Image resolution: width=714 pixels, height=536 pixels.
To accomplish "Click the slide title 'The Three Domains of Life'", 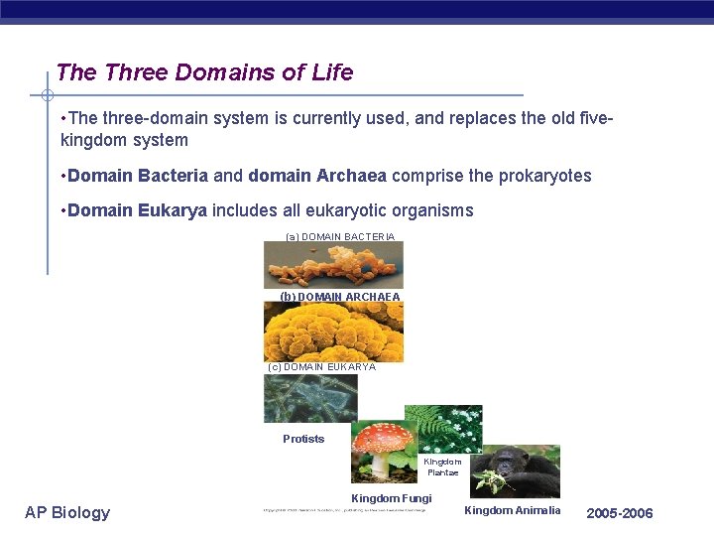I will coord(204,72).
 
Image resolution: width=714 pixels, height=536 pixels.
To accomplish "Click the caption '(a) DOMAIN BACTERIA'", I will coord(340,237).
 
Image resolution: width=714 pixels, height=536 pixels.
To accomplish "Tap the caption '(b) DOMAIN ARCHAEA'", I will coord(340,297).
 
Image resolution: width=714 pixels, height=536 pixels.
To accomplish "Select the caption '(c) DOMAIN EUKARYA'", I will coord(322,367).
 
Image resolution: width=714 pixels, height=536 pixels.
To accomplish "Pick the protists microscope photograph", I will coord(310,399).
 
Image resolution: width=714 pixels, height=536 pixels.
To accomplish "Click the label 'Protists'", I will coord(303,439).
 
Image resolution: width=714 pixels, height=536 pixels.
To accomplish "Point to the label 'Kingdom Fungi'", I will coord(392,498).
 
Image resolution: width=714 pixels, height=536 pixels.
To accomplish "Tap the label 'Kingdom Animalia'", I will coord(513,510).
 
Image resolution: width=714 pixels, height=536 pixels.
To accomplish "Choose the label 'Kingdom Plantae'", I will coord(442,467).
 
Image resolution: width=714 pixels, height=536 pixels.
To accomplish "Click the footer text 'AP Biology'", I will coord(67,512).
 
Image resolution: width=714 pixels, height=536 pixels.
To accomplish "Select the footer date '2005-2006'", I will coord(620,513).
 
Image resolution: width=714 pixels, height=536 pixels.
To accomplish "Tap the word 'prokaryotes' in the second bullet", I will coord(543,176).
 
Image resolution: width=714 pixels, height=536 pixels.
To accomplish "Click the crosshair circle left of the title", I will coord(47,95).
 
